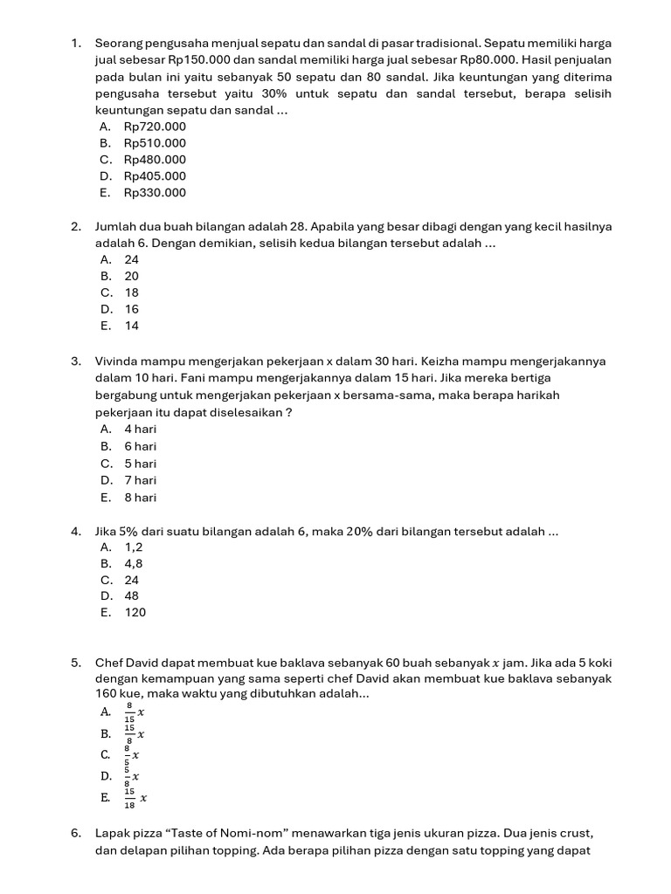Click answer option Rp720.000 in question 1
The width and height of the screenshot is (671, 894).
155,127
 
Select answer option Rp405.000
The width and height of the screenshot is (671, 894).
155,176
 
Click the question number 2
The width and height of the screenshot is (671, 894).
77,226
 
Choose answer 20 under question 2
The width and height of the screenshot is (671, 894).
132,276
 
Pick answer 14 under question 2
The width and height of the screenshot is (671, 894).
132,326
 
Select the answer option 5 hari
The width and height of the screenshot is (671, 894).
141,464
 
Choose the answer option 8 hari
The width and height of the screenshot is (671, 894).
141,498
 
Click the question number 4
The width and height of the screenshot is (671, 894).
77,531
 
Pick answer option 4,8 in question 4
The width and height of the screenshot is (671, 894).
134,564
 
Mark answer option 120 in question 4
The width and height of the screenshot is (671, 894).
135,613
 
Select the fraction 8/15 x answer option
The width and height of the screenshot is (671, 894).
134,713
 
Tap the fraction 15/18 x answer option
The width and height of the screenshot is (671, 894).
135,797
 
